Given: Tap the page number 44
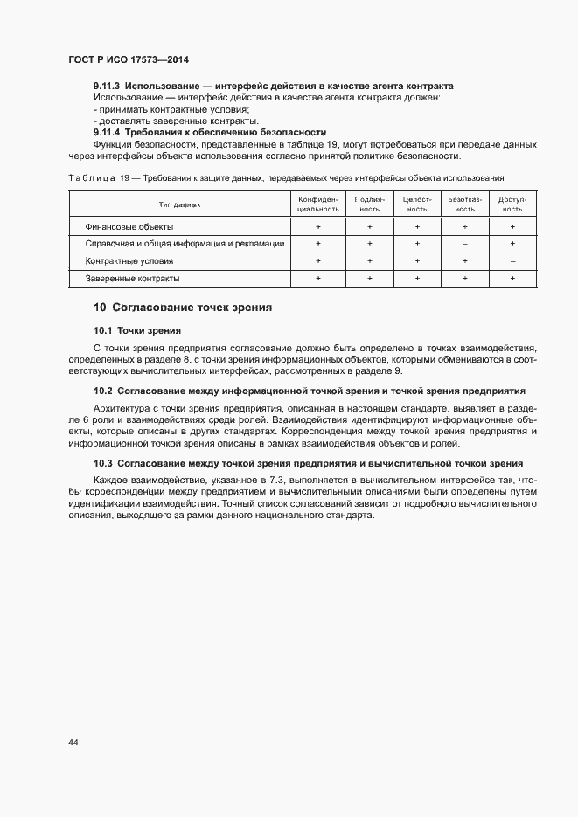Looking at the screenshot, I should [x=73, y=742].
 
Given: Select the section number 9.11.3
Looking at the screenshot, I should [x=107, y=87].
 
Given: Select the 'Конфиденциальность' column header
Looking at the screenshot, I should [x=318, y=204].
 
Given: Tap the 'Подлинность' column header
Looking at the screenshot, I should [x=370, y=204].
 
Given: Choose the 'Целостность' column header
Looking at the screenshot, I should [x=417, y=204].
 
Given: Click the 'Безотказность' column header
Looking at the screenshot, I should [x=464, y=204].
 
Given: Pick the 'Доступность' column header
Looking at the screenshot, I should [x=512, y=204].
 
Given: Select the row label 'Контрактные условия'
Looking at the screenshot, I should [x=129, y=260].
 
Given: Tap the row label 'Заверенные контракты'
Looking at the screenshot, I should [x=132, y=278].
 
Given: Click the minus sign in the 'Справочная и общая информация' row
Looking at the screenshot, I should [x=464, y=244].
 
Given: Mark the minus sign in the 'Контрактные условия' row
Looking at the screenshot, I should [x=512, y=261].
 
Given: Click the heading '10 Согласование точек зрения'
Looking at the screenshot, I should [x=183, y=308].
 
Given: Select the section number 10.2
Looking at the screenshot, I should [x=103, y=391].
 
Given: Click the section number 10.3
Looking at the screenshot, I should [x=103, y=463].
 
